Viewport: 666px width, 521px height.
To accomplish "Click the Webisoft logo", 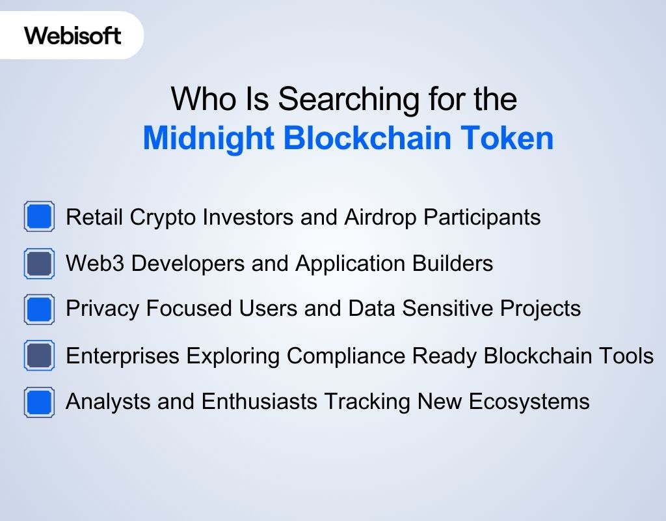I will coord(73,35).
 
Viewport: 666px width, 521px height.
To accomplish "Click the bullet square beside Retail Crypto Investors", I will coord(39,216).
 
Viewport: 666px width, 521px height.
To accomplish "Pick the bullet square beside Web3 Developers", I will coord(39,263).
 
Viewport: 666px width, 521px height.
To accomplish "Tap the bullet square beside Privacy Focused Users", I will coord(39,309).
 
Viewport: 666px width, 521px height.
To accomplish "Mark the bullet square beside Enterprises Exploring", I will coord(39,356).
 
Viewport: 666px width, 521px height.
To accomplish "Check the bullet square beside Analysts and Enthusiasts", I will coord(39,401).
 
